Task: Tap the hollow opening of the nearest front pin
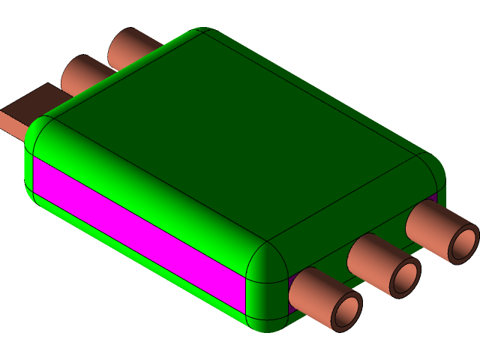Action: click(346, 309)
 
